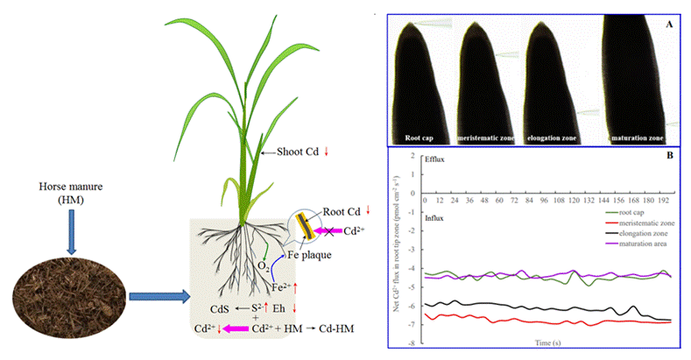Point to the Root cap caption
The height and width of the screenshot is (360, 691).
point(421,138)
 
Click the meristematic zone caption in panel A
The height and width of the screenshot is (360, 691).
point(486,138)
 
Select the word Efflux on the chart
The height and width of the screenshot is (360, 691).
point(435,163)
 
